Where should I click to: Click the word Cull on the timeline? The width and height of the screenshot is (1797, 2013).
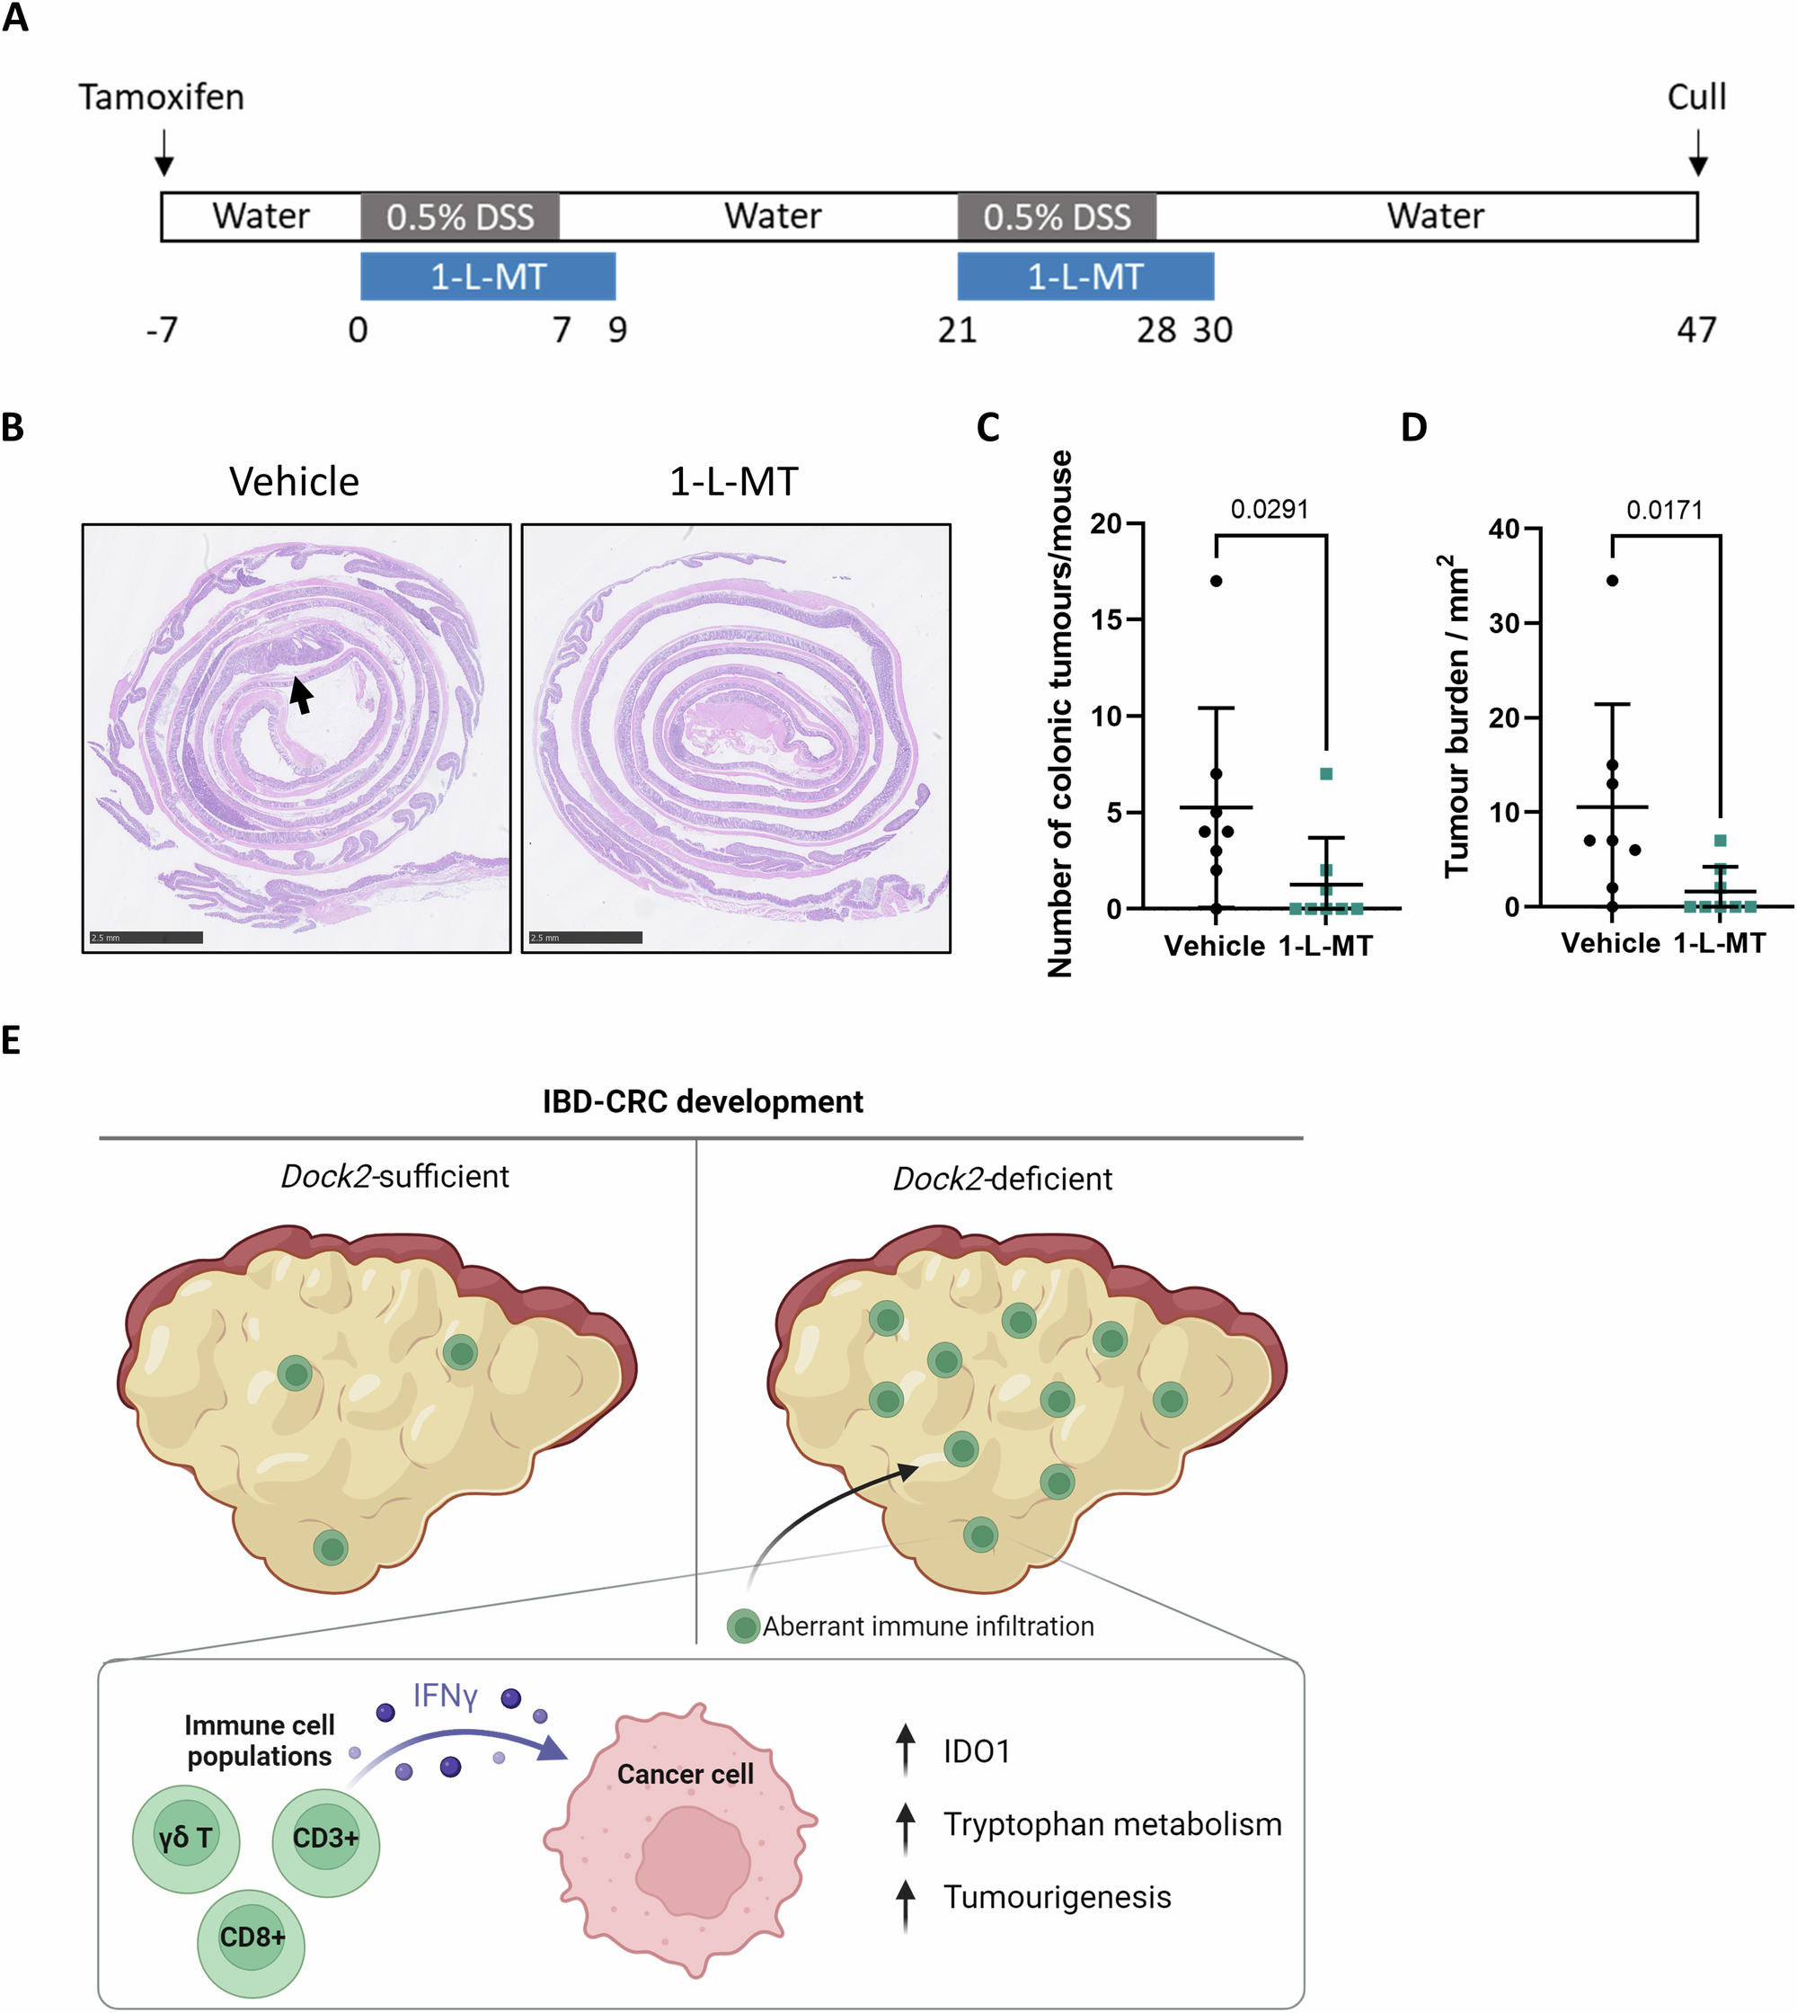click(x=1696, y=97)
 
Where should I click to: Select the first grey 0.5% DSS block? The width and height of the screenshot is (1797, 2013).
click(x=460, y=217)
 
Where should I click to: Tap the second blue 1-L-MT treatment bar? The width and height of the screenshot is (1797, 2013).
click(x=1085, y=277)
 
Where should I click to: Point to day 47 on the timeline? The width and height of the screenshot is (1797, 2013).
click(x=1696, y=330)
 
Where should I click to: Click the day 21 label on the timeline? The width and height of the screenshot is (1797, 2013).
click(x=957, y=330)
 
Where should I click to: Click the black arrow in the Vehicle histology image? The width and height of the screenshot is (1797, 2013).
click(x=301, y=693)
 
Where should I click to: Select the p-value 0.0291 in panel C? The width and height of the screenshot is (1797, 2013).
click(x=1269, y=510)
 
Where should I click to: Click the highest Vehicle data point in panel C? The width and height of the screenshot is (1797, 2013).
click(x=1217, y=581)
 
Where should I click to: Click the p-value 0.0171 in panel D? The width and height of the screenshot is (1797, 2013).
click(x=1665, y=511)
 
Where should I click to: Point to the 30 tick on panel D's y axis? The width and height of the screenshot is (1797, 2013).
click(x=1504, y=623)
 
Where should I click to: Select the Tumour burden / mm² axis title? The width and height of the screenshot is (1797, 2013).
click(x=1456, y=717)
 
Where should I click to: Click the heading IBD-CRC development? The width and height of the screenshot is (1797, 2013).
click(x=702, y=1101)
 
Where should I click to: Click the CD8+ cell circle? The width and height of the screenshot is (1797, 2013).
click(x=251, y=1937)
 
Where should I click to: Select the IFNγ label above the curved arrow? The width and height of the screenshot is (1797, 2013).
click(x=446, y=1696)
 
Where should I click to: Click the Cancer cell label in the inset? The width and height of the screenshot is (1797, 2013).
click(x=686, y=1774)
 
